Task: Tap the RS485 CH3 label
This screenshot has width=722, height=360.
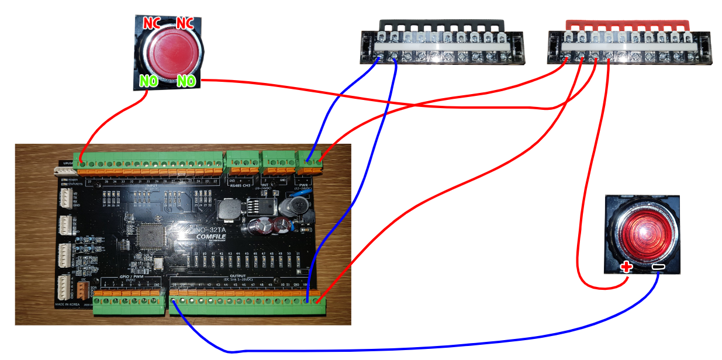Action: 239,185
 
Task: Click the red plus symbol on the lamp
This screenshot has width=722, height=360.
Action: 626,268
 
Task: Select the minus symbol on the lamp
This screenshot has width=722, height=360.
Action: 658,268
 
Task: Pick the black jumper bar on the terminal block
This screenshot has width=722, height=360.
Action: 442,25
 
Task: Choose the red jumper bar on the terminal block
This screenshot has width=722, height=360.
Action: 628,25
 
